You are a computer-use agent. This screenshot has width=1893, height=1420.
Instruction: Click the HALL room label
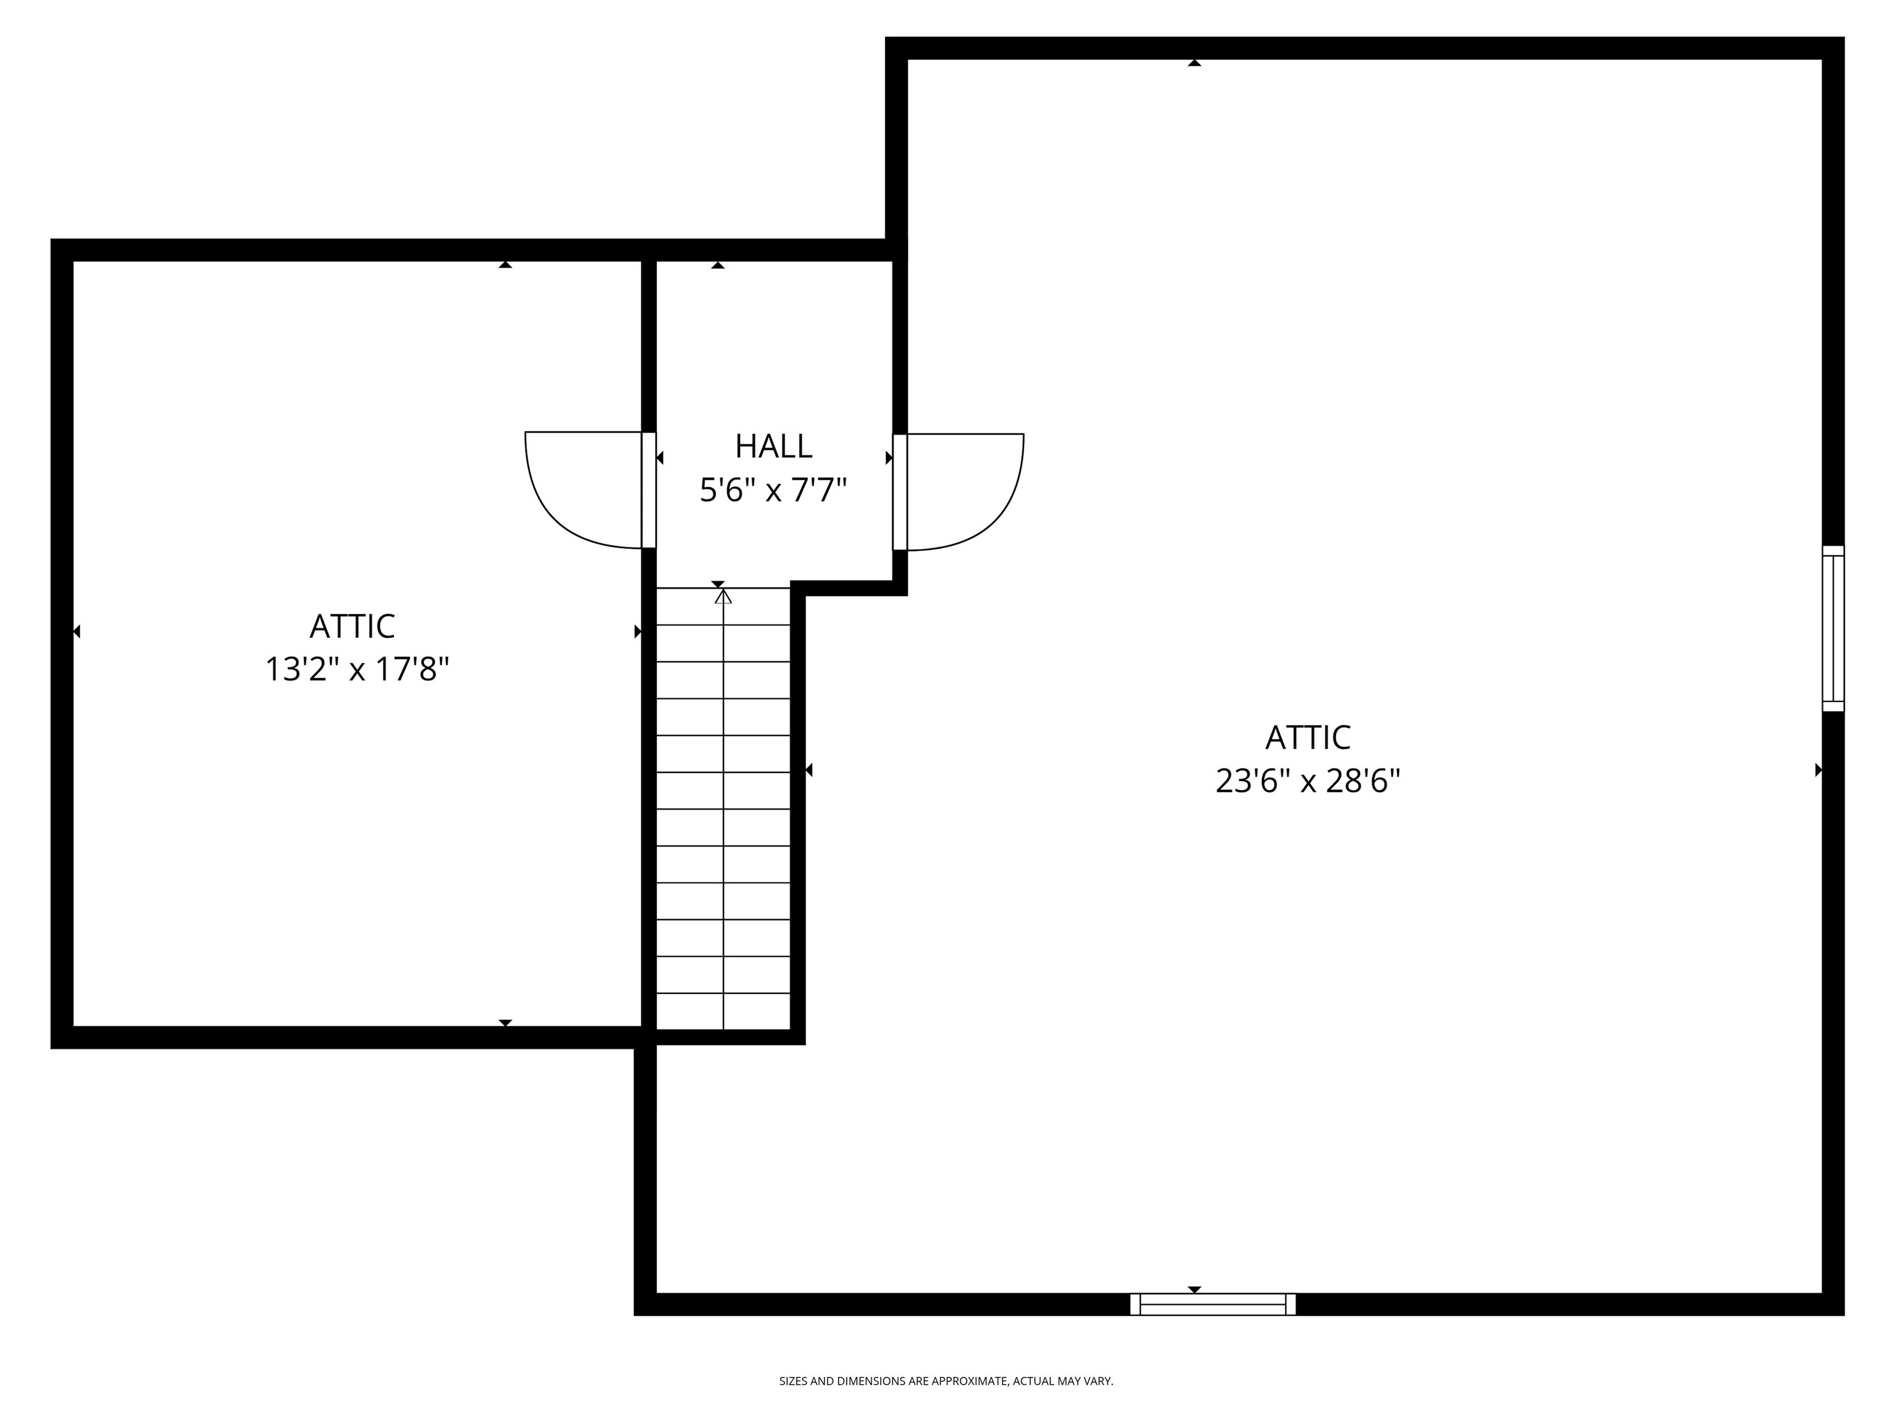coord(773,446)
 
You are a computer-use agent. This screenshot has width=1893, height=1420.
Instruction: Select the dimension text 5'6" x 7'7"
coord(773,491)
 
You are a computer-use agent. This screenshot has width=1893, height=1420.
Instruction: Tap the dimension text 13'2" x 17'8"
coord(357,669)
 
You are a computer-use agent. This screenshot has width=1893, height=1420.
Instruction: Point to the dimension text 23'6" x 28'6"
coord(1308,781)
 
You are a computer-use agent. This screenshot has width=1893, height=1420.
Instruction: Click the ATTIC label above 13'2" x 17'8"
coord(352,626)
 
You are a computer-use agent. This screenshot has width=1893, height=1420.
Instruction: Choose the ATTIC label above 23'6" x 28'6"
coord(1308,737)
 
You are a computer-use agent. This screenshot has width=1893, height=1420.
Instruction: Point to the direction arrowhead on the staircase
coord(723,596)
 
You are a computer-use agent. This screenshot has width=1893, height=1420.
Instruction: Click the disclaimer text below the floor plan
coord(946,1381)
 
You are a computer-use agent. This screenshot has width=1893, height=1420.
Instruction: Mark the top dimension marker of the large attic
coord(1194,62)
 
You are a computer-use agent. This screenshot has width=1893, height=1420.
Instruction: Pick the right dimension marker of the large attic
coord(1818,770)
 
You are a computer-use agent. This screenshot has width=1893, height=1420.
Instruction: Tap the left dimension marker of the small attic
coord(77,632)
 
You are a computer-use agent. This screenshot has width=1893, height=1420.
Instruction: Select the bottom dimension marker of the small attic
coord(505,1023)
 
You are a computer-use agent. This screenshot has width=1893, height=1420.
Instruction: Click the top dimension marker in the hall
coord(717,266)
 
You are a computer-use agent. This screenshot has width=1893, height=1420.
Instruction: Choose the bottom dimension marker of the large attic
coord(1194,1289)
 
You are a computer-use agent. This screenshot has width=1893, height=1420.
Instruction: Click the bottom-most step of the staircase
coord(723,1012)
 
